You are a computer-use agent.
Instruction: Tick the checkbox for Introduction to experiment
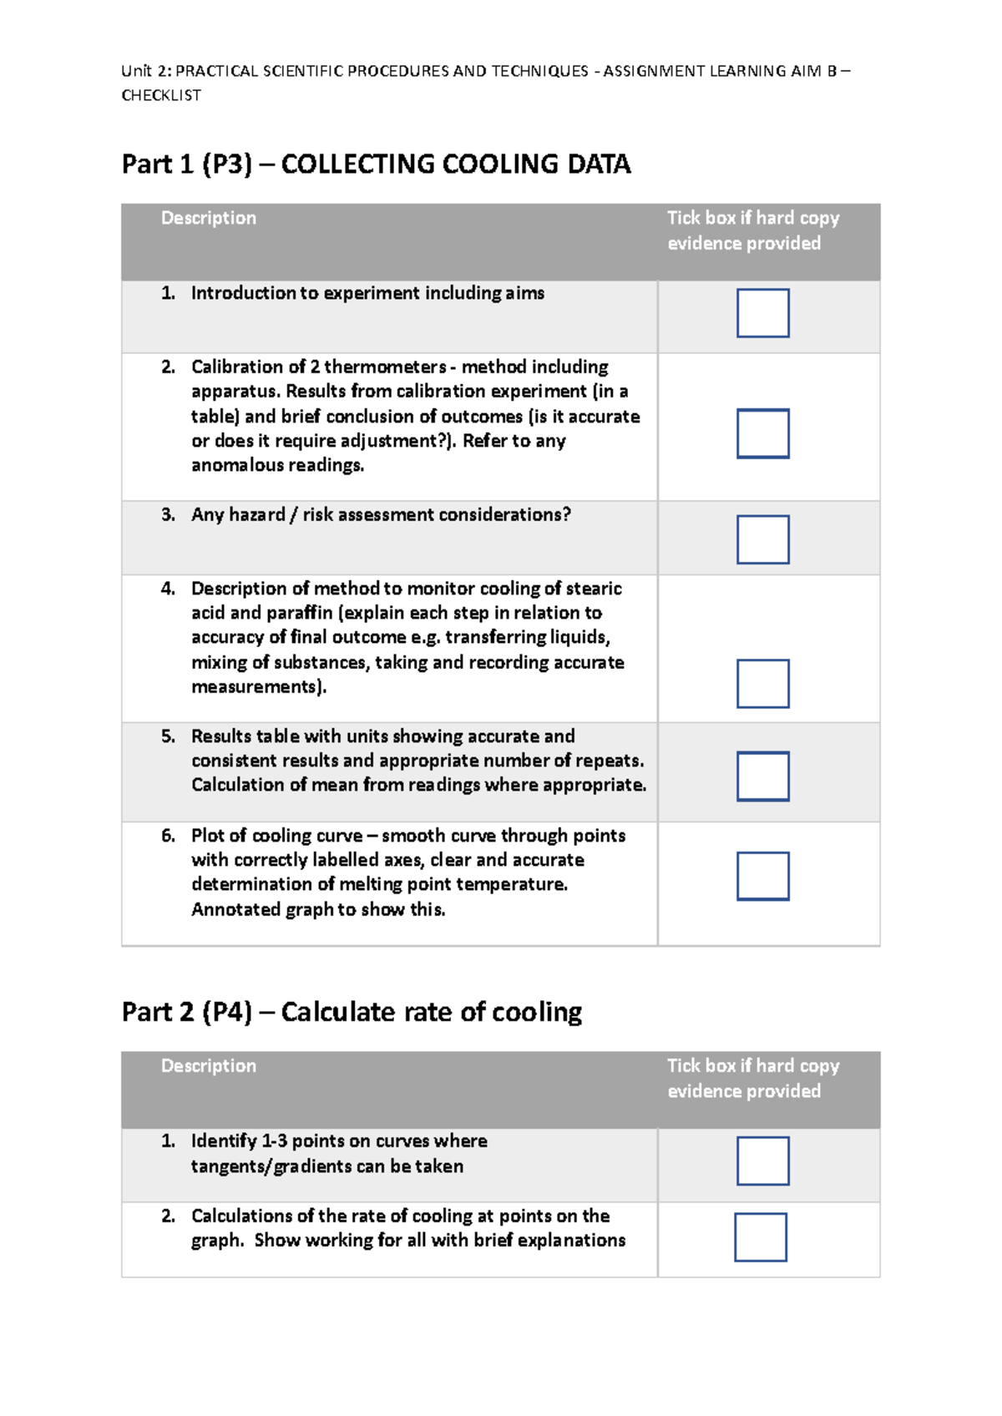762,313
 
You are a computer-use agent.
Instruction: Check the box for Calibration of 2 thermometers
762,433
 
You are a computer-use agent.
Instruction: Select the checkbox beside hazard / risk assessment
762,539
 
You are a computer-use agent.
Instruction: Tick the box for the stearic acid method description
762,684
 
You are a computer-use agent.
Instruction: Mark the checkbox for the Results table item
762,776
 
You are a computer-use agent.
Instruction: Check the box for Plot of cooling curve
762,876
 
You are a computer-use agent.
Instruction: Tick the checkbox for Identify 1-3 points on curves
762,1161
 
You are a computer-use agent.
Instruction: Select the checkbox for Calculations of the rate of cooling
761,1236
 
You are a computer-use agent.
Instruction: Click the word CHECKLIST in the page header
161,95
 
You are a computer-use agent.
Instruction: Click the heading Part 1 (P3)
186,164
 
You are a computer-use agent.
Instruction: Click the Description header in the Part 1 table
208,218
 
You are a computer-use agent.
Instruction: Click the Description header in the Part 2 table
208,1065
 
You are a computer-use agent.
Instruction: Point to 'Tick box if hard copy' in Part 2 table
752,1065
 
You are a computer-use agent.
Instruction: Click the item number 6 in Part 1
168,836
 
